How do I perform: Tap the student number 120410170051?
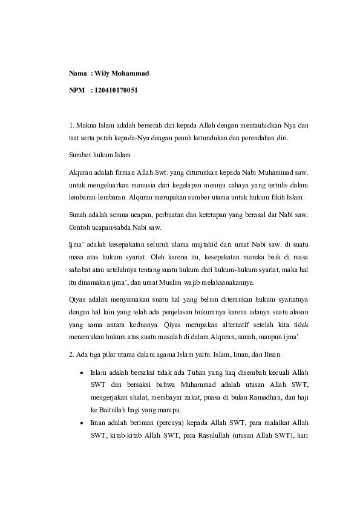click(117, 91)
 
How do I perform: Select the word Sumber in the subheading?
click(80, 155)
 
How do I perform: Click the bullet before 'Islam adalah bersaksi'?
click(81, 372)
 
